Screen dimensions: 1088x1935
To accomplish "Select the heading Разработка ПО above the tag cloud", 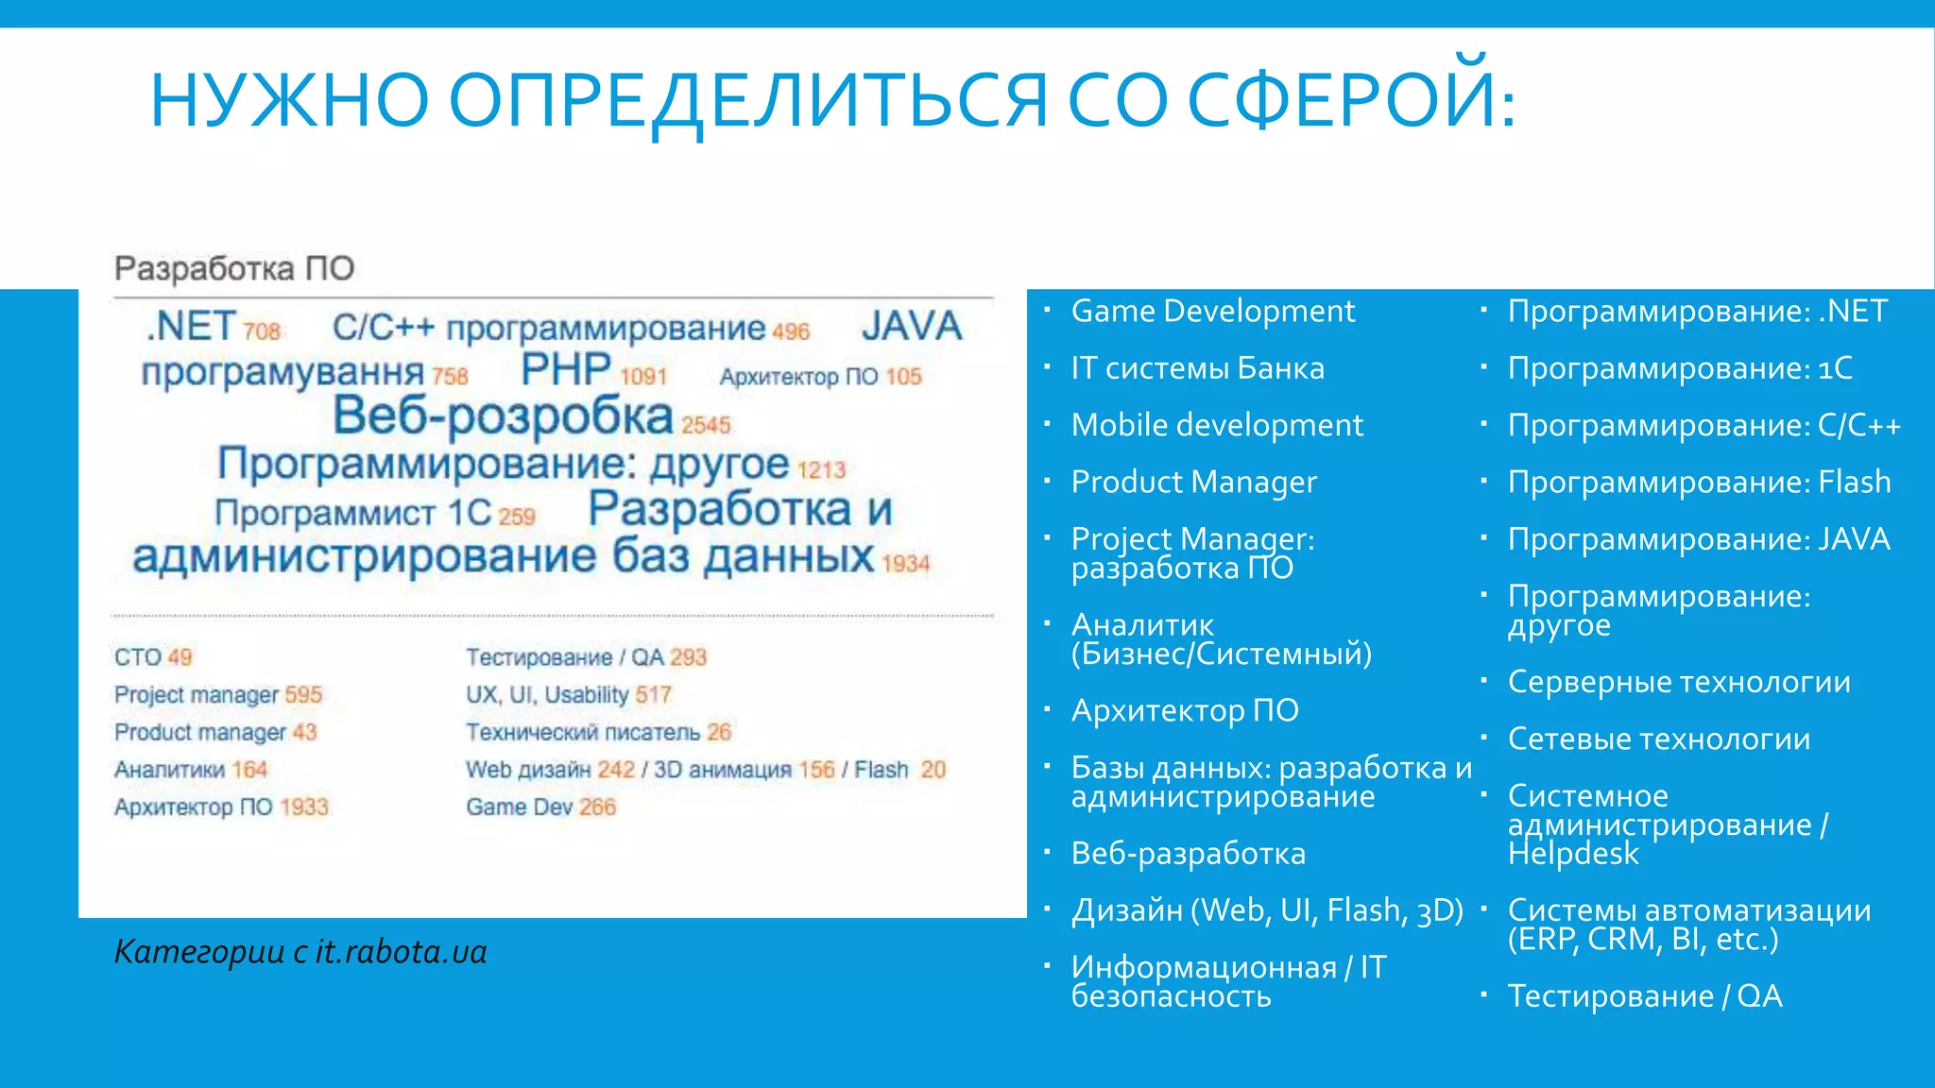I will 234,269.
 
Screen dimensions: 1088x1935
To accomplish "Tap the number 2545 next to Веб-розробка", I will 707,426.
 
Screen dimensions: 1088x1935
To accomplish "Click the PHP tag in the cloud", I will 566,369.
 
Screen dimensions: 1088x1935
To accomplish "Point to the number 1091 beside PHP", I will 643,377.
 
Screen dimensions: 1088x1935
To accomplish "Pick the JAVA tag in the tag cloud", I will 912,327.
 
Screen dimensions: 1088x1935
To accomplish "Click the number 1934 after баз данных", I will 906,564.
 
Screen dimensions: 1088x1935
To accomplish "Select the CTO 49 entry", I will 153,657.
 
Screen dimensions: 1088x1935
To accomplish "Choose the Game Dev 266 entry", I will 540,807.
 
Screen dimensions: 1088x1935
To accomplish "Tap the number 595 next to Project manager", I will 303,695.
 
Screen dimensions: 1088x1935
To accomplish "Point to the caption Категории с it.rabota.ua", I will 300,952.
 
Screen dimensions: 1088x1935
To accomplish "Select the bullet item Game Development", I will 1213,312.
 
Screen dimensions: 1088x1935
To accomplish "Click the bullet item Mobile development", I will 1217,426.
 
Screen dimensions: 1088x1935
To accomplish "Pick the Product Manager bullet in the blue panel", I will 1194,483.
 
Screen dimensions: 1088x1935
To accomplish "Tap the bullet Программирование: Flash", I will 1699,483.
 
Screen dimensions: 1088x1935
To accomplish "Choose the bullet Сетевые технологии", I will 1659,739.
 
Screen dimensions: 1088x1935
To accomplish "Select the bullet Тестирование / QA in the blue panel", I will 1645,996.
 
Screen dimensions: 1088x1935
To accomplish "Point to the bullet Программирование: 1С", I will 1680,368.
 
